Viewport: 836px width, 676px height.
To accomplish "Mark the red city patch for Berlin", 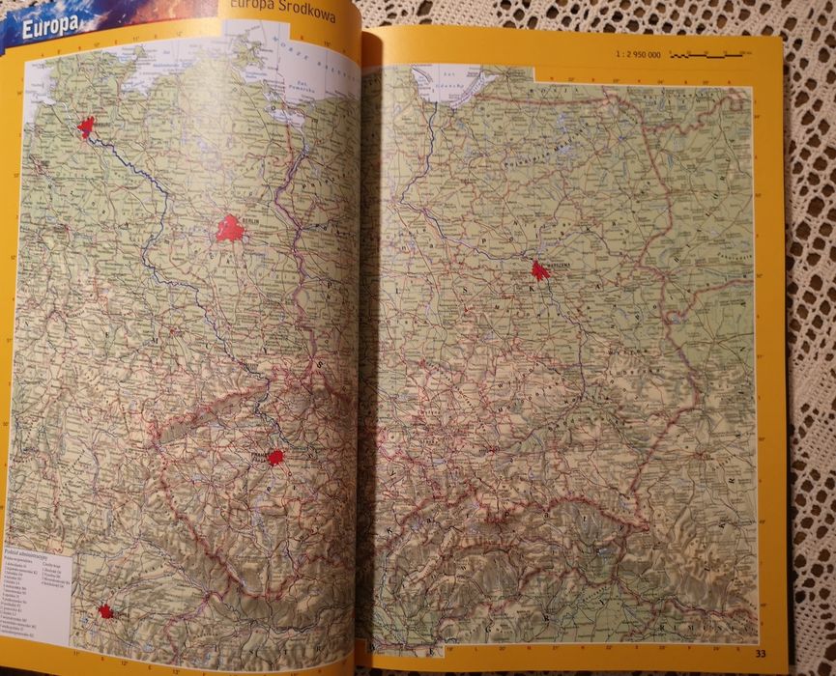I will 230,229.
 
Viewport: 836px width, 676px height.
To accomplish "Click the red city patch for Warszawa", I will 539,270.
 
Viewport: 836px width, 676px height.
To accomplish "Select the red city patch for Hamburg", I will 87,127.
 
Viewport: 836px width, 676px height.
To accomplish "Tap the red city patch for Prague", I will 275,457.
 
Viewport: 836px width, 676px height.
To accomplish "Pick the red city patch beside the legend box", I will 104,610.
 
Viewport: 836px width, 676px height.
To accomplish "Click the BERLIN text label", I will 252,220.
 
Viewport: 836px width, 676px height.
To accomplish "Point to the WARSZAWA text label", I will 561,261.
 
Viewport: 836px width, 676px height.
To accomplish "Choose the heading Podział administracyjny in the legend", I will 25,549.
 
